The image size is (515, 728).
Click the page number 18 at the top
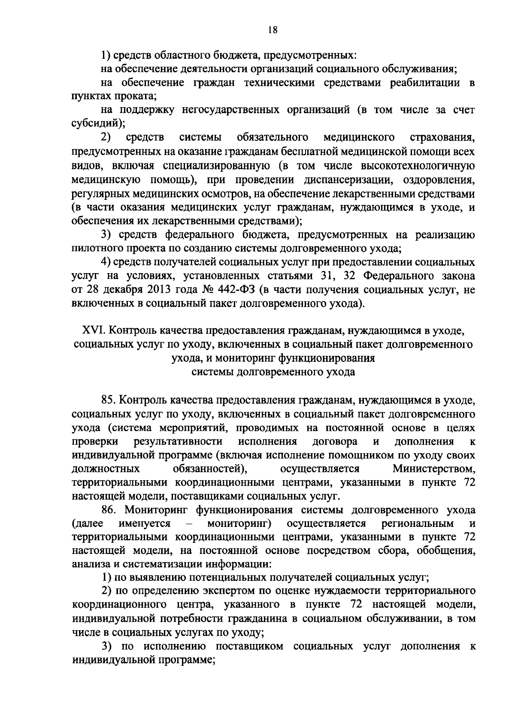click(272, 30)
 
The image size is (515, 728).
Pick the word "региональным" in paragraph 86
click(417, 524)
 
